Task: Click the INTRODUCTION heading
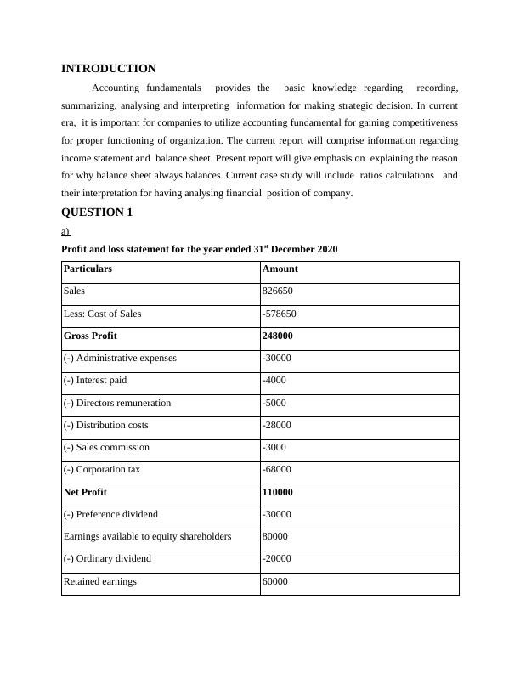click(x=109, y=69)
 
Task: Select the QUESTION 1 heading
click(x=97, y=212)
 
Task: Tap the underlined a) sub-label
click(x=66, y=231)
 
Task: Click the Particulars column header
click(x=88, y=269)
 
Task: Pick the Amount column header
click(x=280, y=269)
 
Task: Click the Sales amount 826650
click(x=278, y=291)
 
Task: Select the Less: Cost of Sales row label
click(x=103, y=314)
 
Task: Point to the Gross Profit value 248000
click(x=279, y=336)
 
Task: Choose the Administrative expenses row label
click(x=120, y=358)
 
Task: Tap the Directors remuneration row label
click(x=117, y=403)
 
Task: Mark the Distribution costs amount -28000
click(x=278, y=425)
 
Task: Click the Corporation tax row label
click(x=102, y=469)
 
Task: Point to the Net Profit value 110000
click(x=279, y=492)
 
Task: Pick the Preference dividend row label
click(x=110, y=514)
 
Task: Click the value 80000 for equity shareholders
click(x=276, y=536)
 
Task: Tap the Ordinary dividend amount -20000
click(x=278, y=558)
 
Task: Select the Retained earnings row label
click(x=100, y=581)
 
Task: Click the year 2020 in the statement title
click(x=327, y=250)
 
